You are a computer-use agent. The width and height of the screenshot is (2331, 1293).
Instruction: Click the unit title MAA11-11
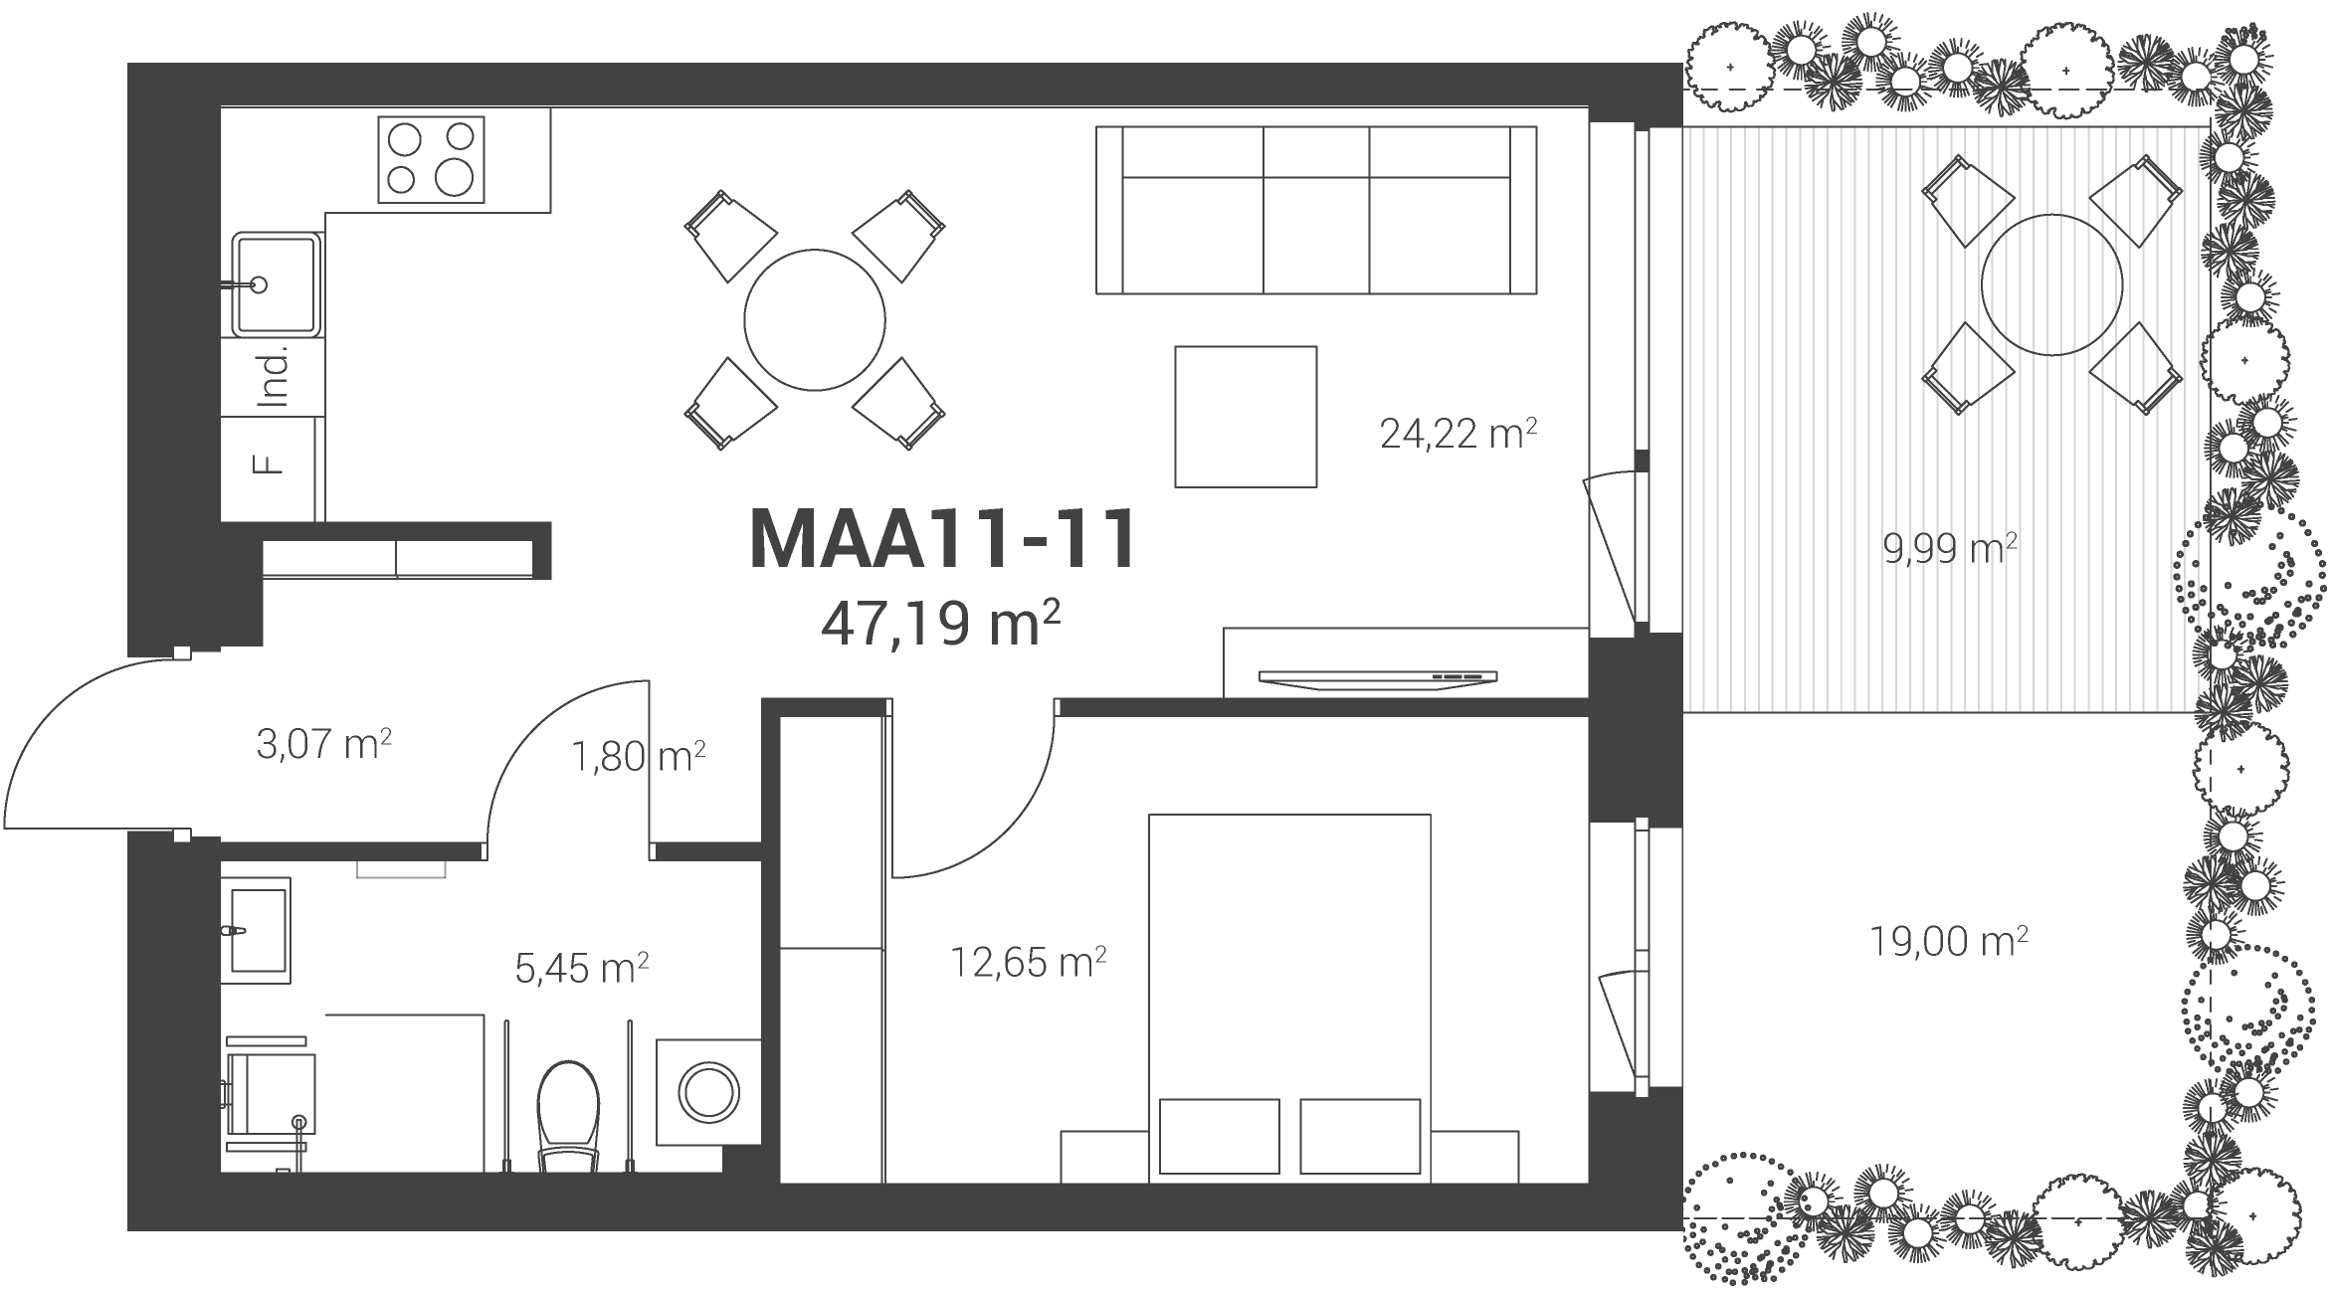coord(942,540)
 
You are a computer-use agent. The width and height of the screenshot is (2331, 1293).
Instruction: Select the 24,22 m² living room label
coord(1458,433)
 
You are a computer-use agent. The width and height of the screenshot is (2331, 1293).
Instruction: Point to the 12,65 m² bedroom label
coord(1029,961)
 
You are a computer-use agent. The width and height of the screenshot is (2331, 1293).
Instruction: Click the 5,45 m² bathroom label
coord(582,967)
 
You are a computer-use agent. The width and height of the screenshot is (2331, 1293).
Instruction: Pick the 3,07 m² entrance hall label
coord(323,744)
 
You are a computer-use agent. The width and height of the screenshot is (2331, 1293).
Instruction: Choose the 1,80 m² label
coord(638,757)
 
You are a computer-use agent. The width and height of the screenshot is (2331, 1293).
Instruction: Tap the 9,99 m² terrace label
coord(1950,548)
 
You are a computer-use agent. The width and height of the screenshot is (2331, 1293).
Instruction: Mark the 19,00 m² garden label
coord(1949,941)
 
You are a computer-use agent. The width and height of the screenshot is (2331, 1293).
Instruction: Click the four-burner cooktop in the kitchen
coord(431,159)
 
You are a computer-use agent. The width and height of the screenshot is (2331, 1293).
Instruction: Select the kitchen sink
coord(277,284)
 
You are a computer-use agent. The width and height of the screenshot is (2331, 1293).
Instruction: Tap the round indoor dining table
coord(815,320)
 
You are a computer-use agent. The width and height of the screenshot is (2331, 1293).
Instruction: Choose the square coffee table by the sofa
coord(1246,417)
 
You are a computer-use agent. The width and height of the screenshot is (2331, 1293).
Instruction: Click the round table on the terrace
coord(2051,285)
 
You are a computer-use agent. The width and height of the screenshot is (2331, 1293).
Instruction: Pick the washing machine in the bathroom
coord(708,1092)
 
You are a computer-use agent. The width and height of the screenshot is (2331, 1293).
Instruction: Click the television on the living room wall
coord(1378,678)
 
